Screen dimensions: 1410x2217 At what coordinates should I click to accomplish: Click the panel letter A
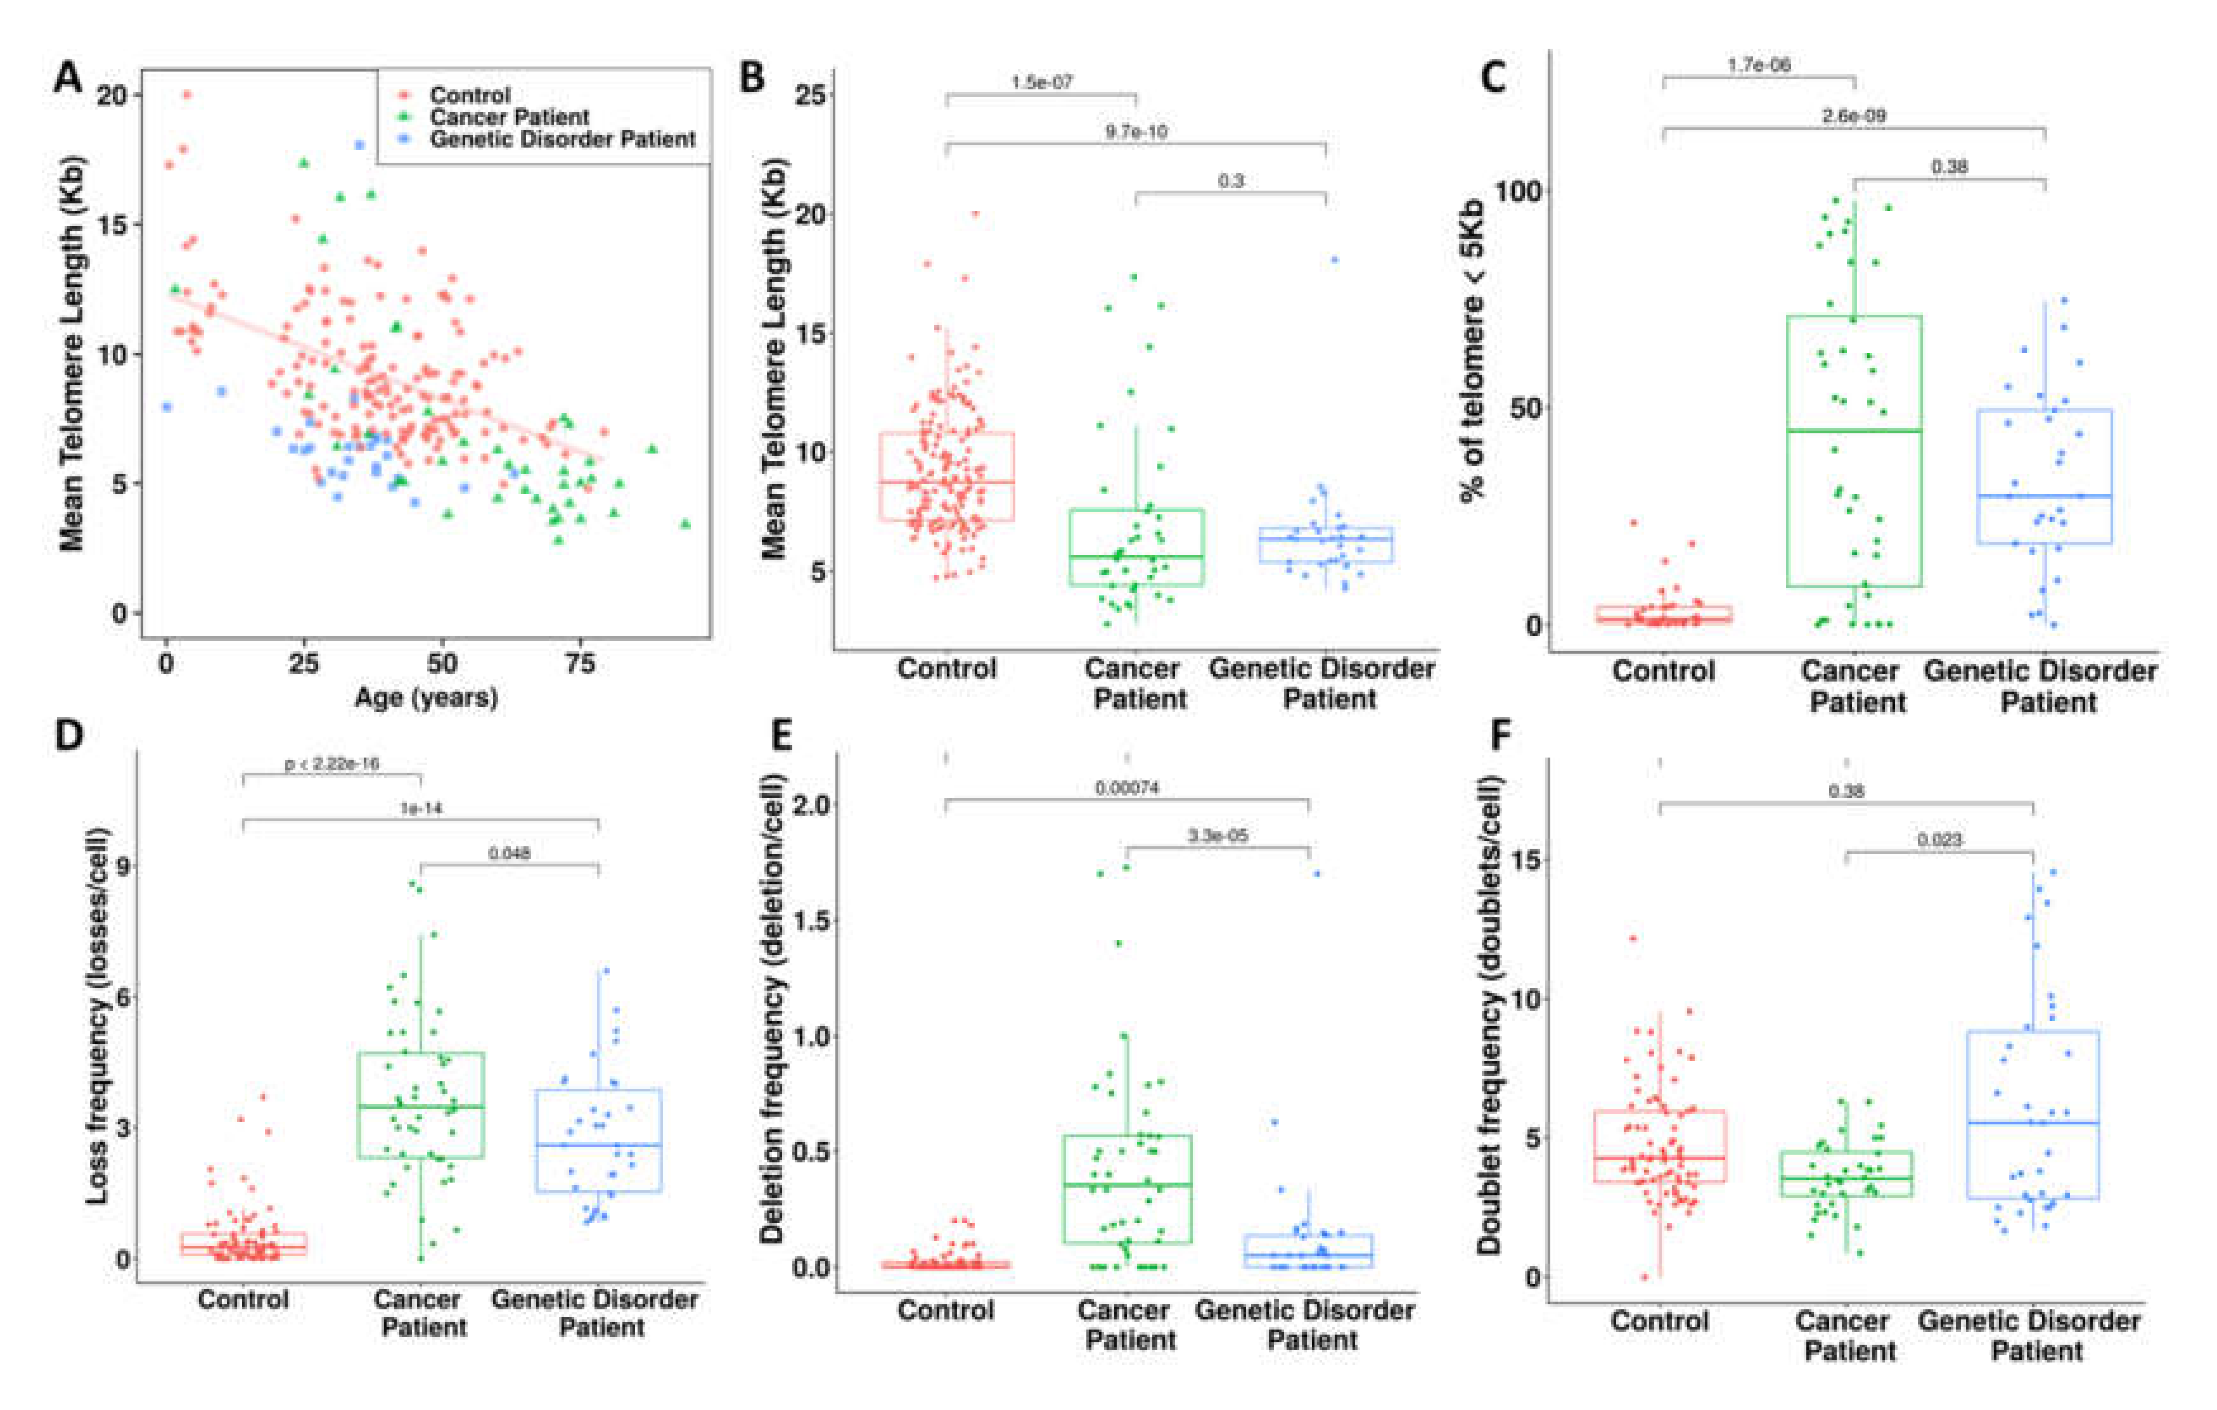68,77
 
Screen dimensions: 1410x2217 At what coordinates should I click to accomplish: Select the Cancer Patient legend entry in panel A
508,118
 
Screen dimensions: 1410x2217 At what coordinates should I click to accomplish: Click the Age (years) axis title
427,697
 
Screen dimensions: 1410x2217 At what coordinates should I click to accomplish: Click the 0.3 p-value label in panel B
1231,181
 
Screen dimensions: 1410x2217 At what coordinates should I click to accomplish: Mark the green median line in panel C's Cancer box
1853,431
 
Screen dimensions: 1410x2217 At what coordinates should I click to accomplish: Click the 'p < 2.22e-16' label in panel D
331,764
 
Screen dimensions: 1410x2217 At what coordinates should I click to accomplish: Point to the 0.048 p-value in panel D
509,853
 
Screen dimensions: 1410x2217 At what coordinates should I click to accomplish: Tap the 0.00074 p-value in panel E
1127,788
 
